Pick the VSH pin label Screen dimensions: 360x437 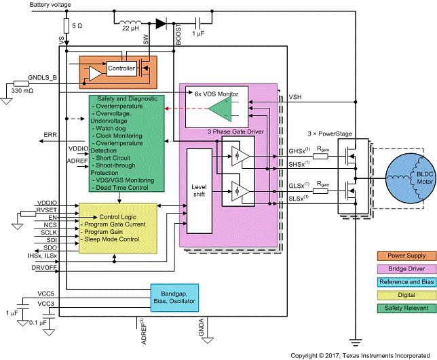click(x=297, y=97)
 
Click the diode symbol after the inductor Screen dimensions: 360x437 click(x=161, y=22)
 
